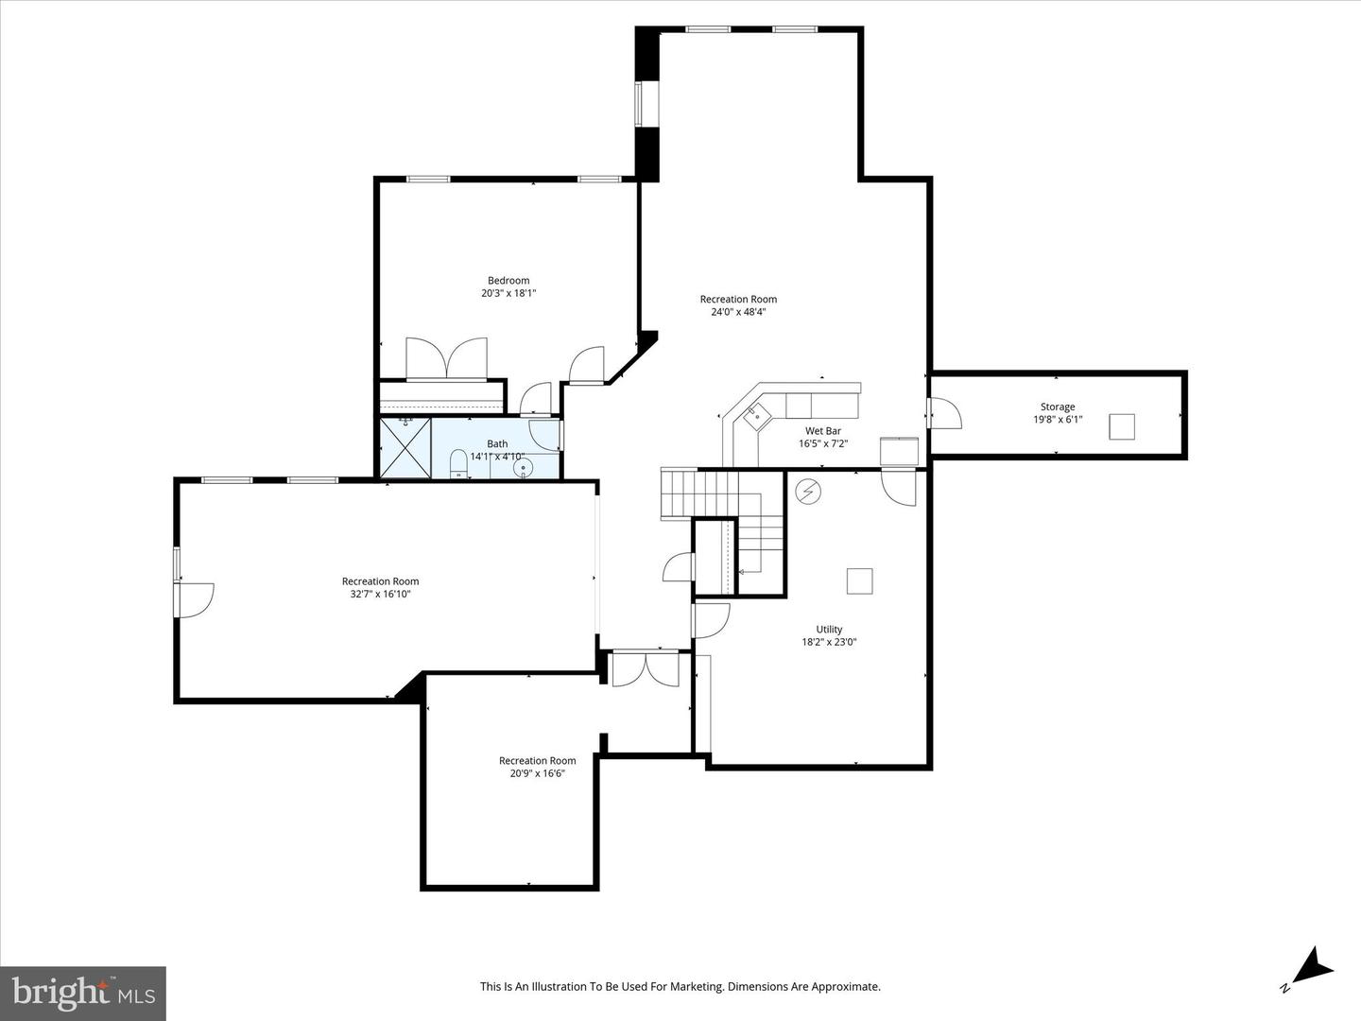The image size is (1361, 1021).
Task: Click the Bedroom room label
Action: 508,281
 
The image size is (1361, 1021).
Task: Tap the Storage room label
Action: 1058,407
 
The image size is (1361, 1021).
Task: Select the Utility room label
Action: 829,630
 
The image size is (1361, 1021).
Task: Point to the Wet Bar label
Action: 822,431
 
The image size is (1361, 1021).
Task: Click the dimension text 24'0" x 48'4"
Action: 738,312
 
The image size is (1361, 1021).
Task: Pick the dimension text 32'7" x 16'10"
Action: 380,595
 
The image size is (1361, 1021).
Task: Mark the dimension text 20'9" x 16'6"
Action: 537,773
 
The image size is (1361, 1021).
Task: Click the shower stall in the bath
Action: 405,447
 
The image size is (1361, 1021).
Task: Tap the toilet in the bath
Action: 458,463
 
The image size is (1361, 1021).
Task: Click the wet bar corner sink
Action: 758,413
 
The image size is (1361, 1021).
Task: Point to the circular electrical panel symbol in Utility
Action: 807,492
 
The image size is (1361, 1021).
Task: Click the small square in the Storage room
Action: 1122,426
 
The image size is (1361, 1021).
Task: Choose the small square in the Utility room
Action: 859,581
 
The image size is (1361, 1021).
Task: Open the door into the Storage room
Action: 943,413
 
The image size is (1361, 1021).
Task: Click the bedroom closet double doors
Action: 447,359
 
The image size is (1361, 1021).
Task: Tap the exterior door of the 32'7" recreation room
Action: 193,600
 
